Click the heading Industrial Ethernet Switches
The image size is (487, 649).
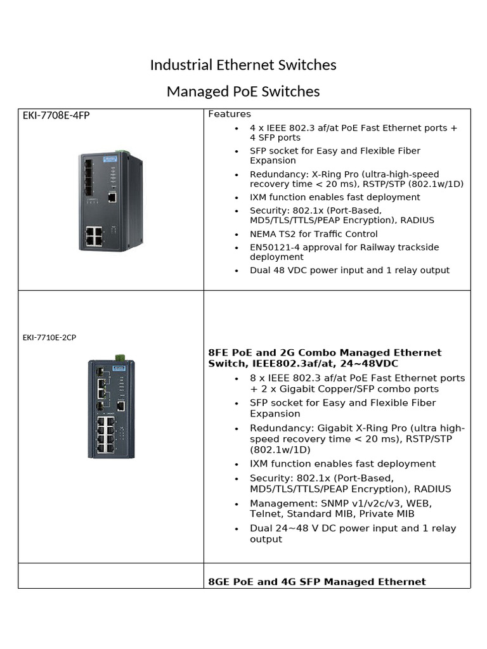(243, 65)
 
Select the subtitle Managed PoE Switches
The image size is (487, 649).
(243, 92)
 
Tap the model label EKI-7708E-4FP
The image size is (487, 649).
(55, 115)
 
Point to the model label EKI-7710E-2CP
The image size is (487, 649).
(49, 337)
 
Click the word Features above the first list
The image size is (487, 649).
(230, 114)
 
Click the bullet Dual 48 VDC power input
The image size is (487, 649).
(349, 271)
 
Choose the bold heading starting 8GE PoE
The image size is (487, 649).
(317, 582)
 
